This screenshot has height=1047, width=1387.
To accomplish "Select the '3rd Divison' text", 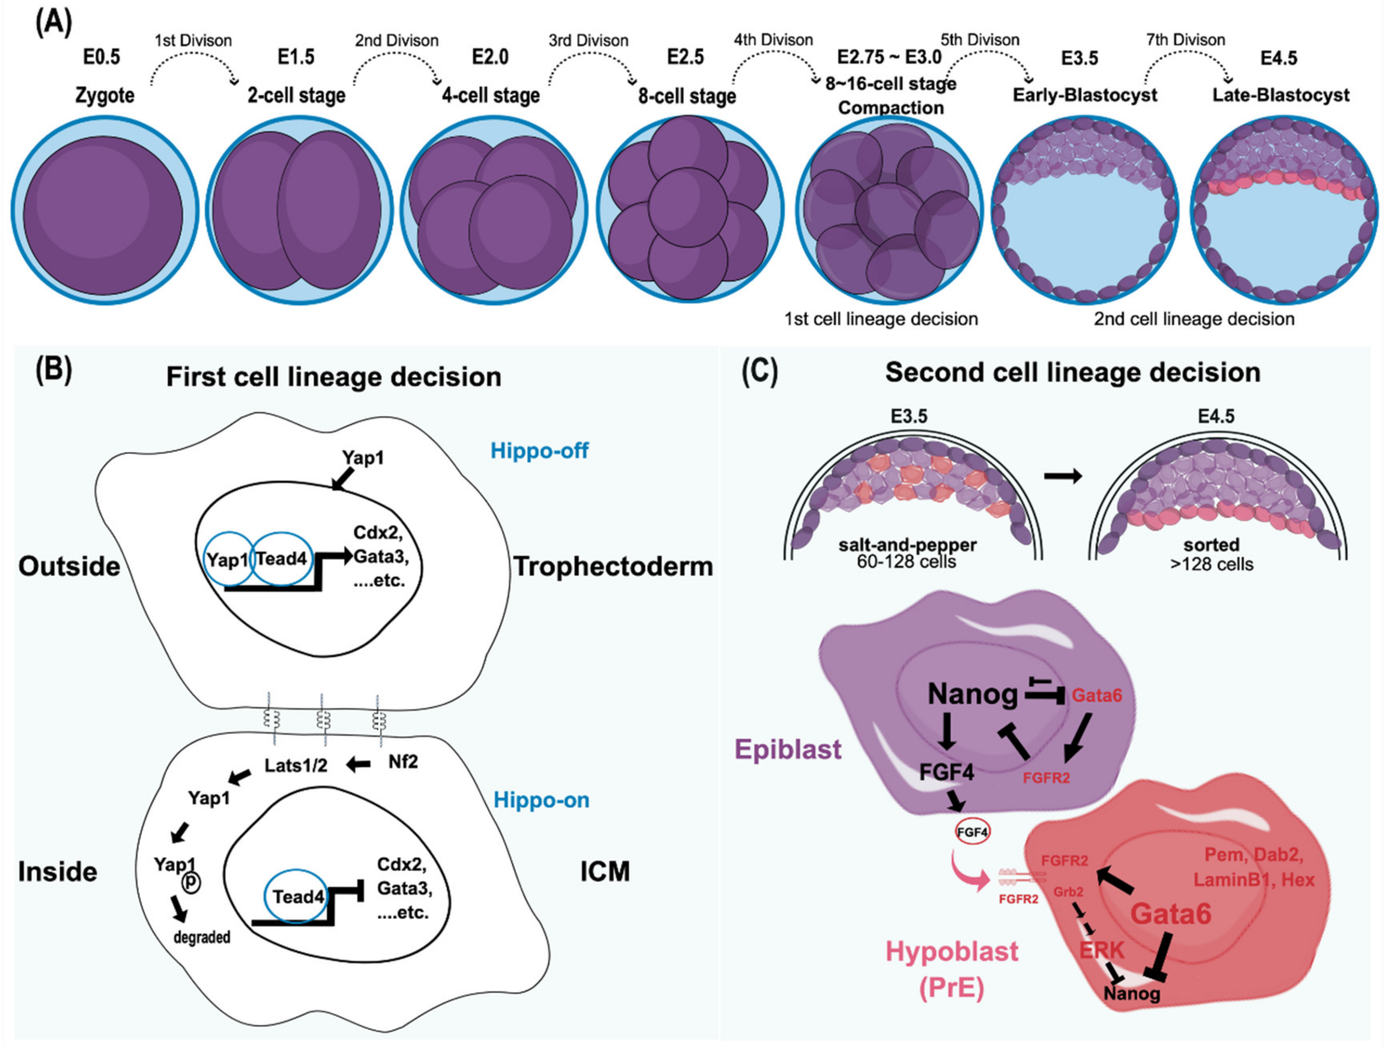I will (588, 41).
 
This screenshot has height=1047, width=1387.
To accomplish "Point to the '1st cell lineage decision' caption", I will (881, 319).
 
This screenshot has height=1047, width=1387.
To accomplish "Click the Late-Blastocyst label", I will (1280, 95).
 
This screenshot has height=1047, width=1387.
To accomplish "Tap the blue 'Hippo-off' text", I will (539, 450).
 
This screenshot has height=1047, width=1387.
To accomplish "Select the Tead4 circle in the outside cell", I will (281, 558).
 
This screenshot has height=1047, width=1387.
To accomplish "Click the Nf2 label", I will (402, 762).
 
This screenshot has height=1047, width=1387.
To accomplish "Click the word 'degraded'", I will (202, 937).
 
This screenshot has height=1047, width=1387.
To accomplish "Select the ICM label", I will (605, 872).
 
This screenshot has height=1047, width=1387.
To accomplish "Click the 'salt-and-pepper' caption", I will (907, 545).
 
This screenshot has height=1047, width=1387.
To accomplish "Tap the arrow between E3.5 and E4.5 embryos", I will (1063, 477).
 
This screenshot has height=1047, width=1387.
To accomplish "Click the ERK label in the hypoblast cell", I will (1102, 950).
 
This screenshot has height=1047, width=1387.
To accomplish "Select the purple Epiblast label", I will (788, 749).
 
